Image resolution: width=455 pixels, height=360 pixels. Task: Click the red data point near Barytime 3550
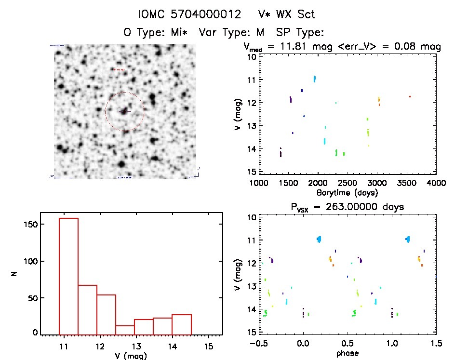pos(410,97)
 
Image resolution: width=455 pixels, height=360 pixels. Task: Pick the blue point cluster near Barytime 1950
pos(315,79)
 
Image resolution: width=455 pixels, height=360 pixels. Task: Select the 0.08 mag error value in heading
pos(415,47)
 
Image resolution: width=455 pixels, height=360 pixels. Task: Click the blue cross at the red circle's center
pos(125,111)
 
